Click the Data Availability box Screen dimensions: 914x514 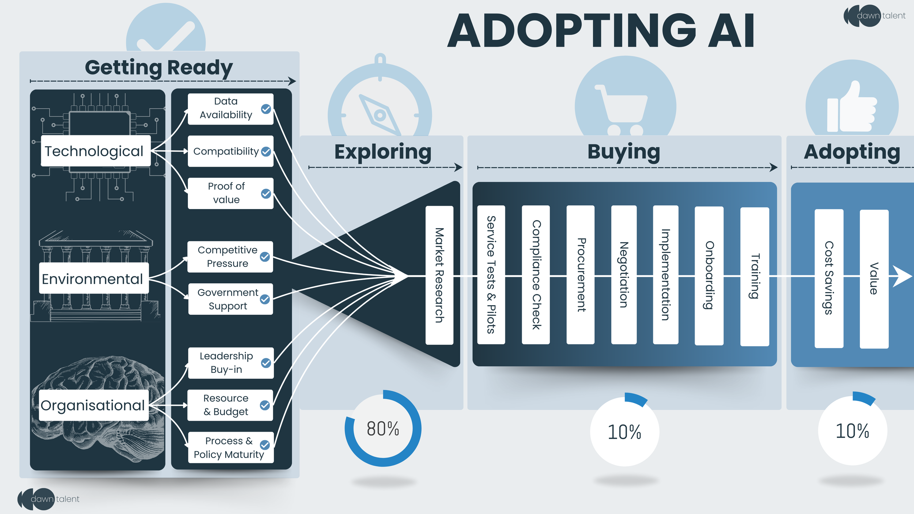tap(230, 109)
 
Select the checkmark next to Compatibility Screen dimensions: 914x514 tap(266, 151)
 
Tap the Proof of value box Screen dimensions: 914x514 tap(230, 193)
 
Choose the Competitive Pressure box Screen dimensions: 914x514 tap(230, 257)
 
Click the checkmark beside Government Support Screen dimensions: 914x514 tap(265, 299)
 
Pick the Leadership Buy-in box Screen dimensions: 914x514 tap(230, 363)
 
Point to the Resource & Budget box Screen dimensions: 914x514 tap(230, 405)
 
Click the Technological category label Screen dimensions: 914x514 tap(95, 151)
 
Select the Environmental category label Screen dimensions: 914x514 tap(94, 279)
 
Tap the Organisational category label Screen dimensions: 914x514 tap(94, 405)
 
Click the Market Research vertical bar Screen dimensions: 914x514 tap(439, 275)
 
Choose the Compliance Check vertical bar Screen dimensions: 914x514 tap(536, 275)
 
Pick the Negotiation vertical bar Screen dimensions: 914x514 tap(624, 275)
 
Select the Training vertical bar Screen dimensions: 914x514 tap(755, 276)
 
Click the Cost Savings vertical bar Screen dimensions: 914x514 tap(829, 278)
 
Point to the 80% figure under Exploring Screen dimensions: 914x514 tap(383, 428)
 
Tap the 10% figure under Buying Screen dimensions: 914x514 tap(624, 432)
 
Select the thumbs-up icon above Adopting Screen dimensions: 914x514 tap(852, 108)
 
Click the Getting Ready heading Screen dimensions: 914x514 tap(159, 68)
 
